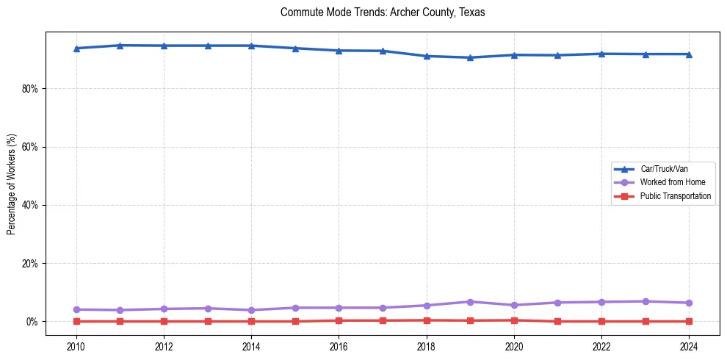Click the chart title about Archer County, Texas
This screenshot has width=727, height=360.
coord(383,12)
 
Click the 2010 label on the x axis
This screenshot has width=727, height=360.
coord(76,346)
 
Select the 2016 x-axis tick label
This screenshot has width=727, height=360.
coord(339,346)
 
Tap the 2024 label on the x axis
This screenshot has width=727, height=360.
coord(689,346)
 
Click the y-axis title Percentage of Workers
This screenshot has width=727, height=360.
coord(12,184)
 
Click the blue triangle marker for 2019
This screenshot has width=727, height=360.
coord(470,57)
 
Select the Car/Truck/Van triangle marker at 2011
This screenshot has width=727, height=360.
coord(120,46)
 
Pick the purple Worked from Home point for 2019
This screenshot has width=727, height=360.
coord(470,302)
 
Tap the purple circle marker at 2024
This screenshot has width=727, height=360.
coord(689,303)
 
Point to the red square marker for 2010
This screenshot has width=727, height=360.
coord(76,321)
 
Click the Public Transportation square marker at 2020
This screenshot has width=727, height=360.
coord(514,320)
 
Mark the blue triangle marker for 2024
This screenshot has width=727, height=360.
coord(689,54)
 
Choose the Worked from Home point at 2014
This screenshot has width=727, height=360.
coord(251,310)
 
